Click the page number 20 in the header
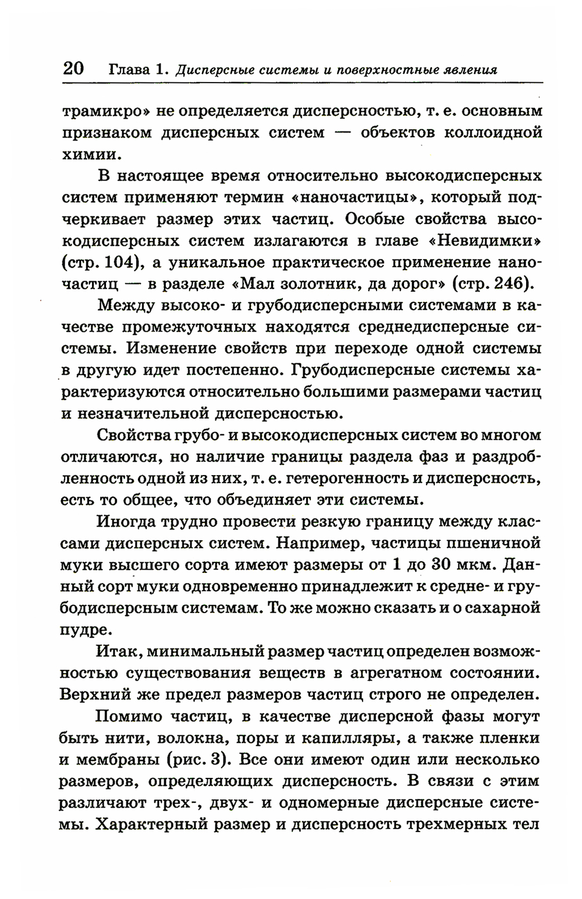coord(73,68)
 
